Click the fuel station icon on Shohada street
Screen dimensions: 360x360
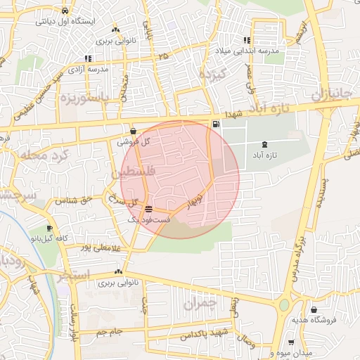215,124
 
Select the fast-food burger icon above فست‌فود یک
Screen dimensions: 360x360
148,209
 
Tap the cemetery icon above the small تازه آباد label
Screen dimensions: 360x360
264,143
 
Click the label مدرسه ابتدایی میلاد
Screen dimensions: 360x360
249,51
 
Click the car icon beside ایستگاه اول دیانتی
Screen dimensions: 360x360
65,11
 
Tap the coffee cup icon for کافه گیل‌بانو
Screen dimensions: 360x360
49,229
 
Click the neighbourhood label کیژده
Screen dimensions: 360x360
211,74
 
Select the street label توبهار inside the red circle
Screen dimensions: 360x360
195,200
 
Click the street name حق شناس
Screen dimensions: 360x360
78,200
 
